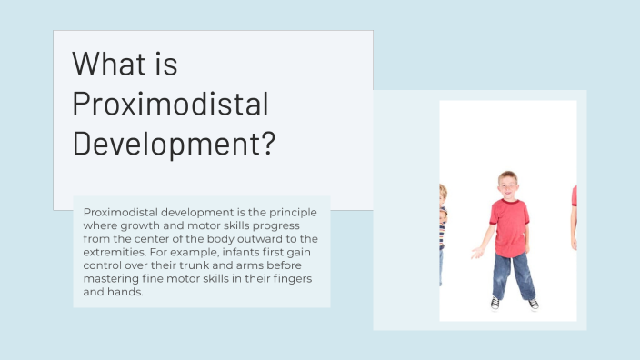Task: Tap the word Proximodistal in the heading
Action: click(170, 105)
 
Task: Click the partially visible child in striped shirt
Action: click(443, 223)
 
